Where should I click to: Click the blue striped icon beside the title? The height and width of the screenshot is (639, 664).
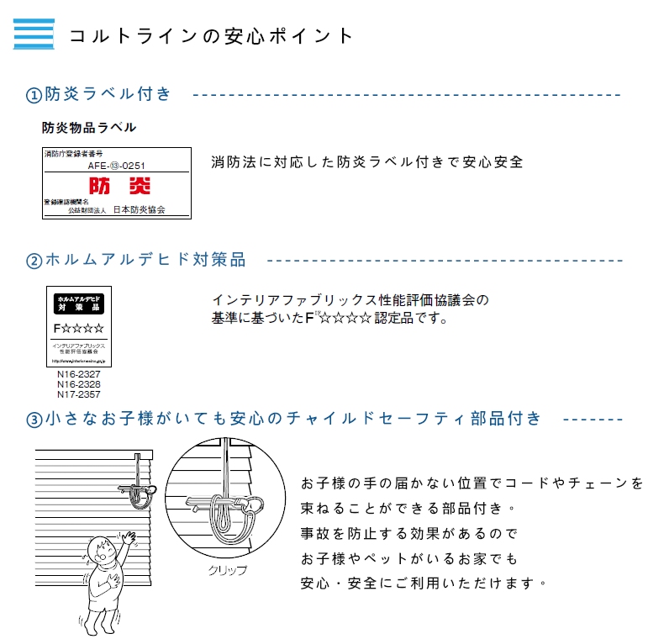point(34,34)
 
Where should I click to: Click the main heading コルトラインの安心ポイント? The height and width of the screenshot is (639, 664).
point(211,35)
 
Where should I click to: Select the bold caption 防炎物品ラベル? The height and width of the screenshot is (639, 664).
point(89,128)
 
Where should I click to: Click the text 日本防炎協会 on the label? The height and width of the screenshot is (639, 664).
point(140,209)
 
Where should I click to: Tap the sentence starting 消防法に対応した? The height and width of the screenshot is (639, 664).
point(366,161)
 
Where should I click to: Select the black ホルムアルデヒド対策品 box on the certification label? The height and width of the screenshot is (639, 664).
point(79,304)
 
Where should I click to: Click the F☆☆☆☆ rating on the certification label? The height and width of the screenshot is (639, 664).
point(79,327)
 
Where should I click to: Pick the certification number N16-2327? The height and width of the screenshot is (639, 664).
point(79,375)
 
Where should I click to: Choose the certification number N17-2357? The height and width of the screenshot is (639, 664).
point(79,393)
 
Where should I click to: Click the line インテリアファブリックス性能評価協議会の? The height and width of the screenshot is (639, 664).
point(350,300)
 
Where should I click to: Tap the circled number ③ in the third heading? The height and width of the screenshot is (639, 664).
point(34,420)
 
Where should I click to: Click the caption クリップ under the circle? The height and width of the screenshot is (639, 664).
point(228,570)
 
